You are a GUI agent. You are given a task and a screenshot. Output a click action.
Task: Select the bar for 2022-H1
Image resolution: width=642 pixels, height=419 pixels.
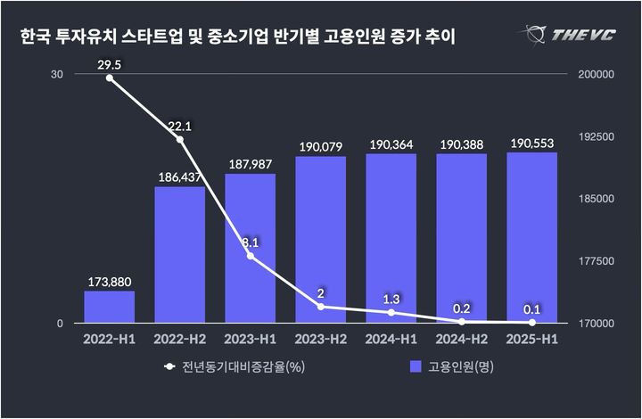click(x=110, y=307)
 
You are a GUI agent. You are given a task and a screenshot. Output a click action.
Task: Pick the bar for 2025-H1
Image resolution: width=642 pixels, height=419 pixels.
click(x=531, y=237)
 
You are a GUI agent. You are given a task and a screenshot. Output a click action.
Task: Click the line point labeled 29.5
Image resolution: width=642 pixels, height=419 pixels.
click(x=110, y=78)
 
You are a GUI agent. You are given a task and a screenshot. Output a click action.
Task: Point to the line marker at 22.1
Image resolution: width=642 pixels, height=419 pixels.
click(x=179, y=139)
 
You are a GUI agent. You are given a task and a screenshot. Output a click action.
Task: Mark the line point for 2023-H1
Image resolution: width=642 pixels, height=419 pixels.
click(x=250, y=256)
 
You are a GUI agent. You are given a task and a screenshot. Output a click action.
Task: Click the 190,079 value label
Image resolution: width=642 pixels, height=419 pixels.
click(x=320, y=144)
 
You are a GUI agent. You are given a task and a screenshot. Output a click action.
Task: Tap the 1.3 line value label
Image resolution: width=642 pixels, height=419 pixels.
click(x=391, y=299)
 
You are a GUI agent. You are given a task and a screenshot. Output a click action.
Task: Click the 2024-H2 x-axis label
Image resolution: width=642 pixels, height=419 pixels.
click(x=461, y=339)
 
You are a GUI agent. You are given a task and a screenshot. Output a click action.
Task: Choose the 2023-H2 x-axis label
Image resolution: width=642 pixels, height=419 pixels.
click(x=320, y=339)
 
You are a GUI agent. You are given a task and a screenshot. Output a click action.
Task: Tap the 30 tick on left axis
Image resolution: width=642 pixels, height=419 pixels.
click(x=57, y=75)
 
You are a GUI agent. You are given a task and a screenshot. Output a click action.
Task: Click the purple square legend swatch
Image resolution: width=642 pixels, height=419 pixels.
click(x=415, y=366)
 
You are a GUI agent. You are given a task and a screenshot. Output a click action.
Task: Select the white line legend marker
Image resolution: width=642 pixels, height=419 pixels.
click(x=169, y=366)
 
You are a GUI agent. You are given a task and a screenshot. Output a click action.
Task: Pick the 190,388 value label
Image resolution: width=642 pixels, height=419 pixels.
click(x=461, y=144)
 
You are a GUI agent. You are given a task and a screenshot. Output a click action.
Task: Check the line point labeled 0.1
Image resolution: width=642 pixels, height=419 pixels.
click(x=531, y=322)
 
